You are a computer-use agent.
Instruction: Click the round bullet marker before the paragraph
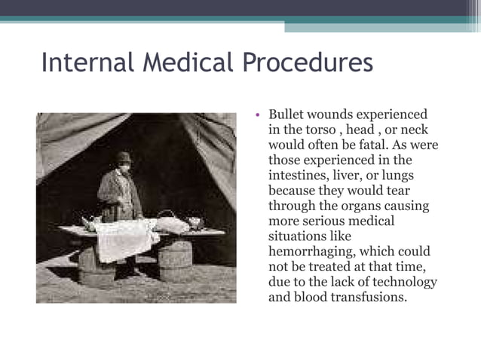[x=258, y=115]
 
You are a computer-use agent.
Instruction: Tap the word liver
[x=354, y=175]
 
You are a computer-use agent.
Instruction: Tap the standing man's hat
[x=122, y=158]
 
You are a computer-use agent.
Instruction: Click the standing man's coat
[x=119, y=194]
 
